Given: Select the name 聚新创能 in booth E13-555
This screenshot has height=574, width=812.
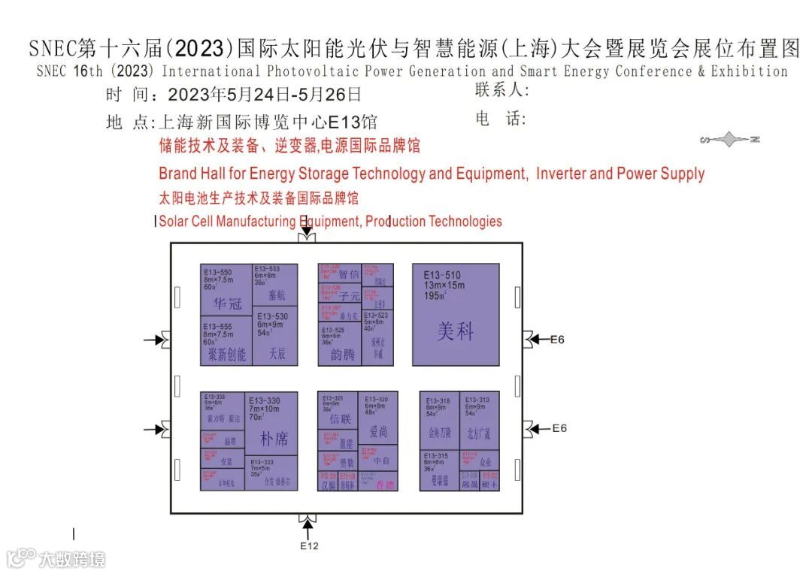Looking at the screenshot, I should pyautogui.click(x=227, y=353).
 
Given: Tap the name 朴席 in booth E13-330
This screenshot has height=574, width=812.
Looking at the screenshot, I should pyautogui.click(x=274, y=438).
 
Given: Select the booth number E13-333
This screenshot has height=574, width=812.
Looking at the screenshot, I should pyautogui.click(x=262, y=462).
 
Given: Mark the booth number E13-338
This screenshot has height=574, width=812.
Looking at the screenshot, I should pyautogui.click(x=215, y=396).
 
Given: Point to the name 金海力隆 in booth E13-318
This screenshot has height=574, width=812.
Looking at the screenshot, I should pyautogui.click(x=439, y=433).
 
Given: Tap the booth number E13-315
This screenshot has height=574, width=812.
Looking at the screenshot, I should pyautogui.click(x=437, y=456).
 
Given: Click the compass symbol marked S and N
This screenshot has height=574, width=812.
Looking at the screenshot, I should pyautogui.click(x=729, y=140).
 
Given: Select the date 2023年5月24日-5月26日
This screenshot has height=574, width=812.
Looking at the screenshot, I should pyautogui.click(x=265, y=95).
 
